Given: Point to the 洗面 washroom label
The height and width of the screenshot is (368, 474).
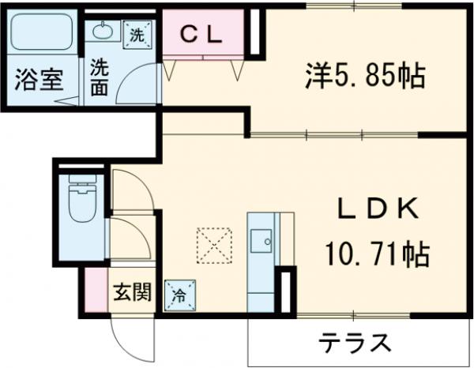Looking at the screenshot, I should tap(100, 77).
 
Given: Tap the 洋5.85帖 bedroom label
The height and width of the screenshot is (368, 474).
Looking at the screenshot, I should tap(365, 77).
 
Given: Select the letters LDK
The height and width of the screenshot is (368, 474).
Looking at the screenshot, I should tap(378, 209).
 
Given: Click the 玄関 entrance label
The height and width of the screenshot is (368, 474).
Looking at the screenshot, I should tap(130, 294).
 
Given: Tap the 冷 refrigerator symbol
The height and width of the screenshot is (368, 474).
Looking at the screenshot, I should tap(179, 296).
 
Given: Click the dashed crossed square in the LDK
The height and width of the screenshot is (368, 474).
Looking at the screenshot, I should tap(213, 245).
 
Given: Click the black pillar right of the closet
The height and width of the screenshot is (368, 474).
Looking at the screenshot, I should tap(254, 32).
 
